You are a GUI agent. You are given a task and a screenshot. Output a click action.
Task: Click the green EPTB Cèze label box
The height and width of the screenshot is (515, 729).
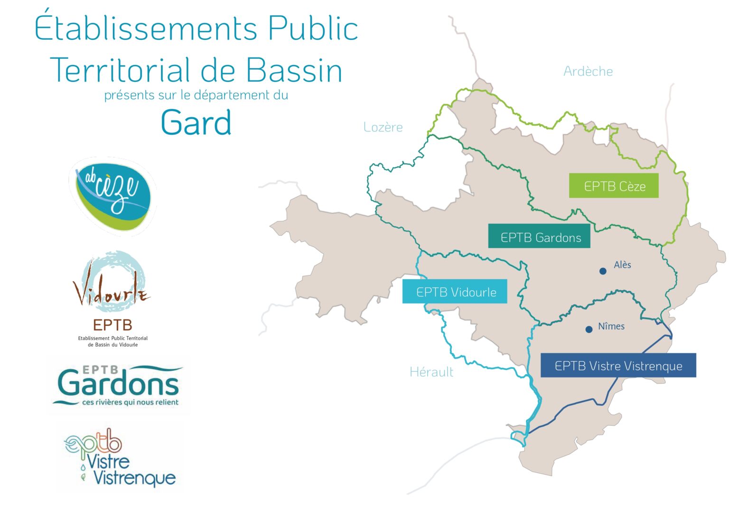pyautogui.click(x=614, y=185)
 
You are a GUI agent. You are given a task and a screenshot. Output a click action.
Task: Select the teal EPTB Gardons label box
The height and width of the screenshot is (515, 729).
pyautogui.click(x=539, y=236)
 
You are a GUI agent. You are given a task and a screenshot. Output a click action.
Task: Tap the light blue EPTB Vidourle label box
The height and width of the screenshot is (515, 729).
pyautogui.click(x=455, y=291)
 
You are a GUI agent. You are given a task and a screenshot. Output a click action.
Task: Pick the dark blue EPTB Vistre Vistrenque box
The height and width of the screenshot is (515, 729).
pyautogui.click(x=618, y=365)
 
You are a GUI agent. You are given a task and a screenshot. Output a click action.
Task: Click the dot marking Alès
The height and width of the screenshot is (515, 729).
pyautogui.click(x=603, y=271)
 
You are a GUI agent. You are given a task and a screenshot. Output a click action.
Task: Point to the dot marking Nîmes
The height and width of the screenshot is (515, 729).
pyautogui.click(x=589, y=330)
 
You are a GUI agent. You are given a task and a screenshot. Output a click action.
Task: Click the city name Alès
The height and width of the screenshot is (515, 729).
pyautogui.click(x=622, y=265)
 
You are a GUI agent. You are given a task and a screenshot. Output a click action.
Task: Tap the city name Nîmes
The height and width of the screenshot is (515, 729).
pyautogui.click(x=611, y=326)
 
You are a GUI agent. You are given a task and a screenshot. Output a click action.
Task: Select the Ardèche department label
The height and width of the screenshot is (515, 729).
pyautogui.click(x=588, y=71)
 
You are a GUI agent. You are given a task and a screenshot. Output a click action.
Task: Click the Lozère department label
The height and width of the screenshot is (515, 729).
pyautogui.click(x=383, y=127)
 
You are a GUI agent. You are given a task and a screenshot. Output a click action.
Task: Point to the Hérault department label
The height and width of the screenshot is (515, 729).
pyautogui.click(x=431, y=372)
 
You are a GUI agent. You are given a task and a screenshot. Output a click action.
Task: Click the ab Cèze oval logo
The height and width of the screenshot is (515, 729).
pyautogui.click(x=112, y=196)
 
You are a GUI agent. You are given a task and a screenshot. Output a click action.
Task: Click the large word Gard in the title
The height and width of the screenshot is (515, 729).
pyautogui.click(x=196, y=122)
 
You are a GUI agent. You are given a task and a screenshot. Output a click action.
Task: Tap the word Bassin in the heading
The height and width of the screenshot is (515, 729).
pyautogui.click(x=294, y=70)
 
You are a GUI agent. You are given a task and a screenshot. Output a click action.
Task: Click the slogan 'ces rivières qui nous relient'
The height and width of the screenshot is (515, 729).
pyautogui.click(x=130, y=402)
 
